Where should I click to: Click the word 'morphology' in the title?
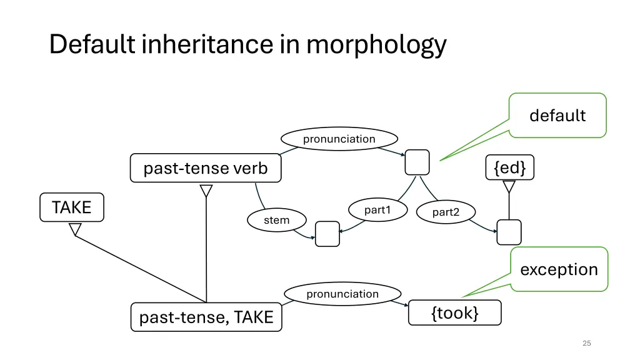(376, 45)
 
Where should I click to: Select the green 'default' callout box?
(557, 116)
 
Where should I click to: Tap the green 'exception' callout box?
(559, 269)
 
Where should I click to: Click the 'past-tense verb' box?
(206, 168)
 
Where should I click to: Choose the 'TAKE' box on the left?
(71, 207)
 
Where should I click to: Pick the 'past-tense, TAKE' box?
(206, 317)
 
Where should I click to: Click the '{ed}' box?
(509, 167)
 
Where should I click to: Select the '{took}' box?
(454, 313)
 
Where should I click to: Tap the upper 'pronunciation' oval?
(339, 139)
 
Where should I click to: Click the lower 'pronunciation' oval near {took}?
(342, 294)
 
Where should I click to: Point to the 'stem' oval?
(276, 220)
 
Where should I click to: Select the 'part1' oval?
(377, 210)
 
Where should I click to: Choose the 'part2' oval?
(445, 212)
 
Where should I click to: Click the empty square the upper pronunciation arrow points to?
(417, 162)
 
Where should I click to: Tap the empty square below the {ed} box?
(509, 232)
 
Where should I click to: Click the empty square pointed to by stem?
(327, 234)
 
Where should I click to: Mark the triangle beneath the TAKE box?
(75, 229)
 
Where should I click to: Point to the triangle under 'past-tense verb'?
(206, 190)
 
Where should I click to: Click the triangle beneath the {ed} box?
(509, 186)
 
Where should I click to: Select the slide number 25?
(586, 343)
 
